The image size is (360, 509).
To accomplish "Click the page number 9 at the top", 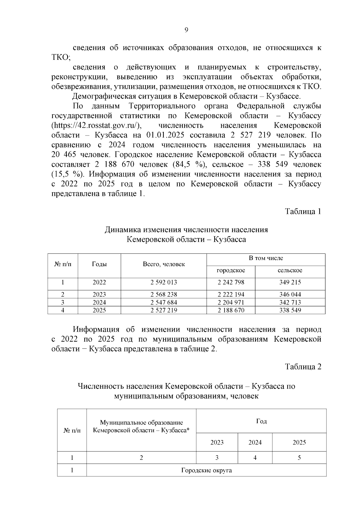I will point(186,30).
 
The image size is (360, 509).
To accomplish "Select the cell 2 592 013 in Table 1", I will point(163,282).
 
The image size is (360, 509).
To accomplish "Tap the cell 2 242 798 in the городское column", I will point(231,282).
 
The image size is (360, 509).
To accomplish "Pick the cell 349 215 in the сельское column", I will point(290,282).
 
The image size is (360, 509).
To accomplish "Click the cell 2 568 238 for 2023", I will point(163,295).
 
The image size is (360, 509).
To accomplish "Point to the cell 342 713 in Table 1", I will point(290,302).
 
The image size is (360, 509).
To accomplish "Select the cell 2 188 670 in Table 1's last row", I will point(231,310).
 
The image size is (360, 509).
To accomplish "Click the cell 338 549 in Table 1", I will point(290,310).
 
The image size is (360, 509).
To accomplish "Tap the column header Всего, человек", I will point(163,264).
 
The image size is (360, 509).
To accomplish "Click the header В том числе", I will point(266,258).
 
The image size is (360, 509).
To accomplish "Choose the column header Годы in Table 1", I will point(99,264).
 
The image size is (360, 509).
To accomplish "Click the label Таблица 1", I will point(303,211).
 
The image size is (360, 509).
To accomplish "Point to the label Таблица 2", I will point(303,367).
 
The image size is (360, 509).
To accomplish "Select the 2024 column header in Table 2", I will point(255,442).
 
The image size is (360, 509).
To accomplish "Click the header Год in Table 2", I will point(261,421).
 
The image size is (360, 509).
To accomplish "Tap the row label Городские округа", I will point(206,470).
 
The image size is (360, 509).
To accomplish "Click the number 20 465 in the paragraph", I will point(62,155).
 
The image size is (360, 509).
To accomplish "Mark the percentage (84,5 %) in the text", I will point(188,165).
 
